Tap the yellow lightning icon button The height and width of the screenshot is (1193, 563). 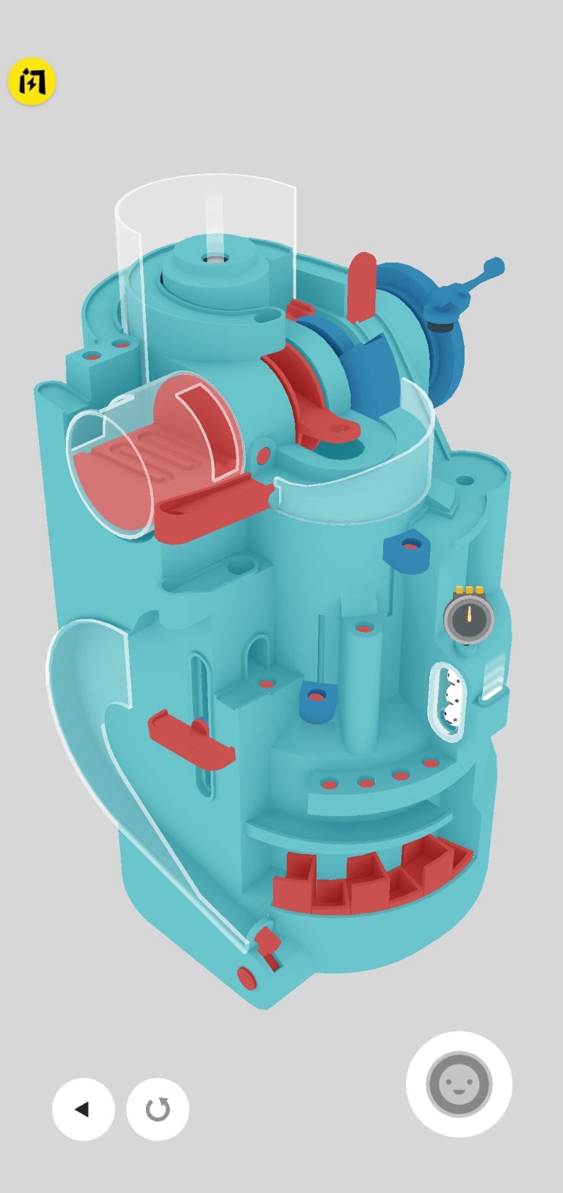click(31, 81)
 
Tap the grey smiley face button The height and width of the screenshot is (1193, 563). click(459, 1084)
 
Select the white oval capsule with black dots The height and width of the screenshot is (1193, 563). click(447, 701)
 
